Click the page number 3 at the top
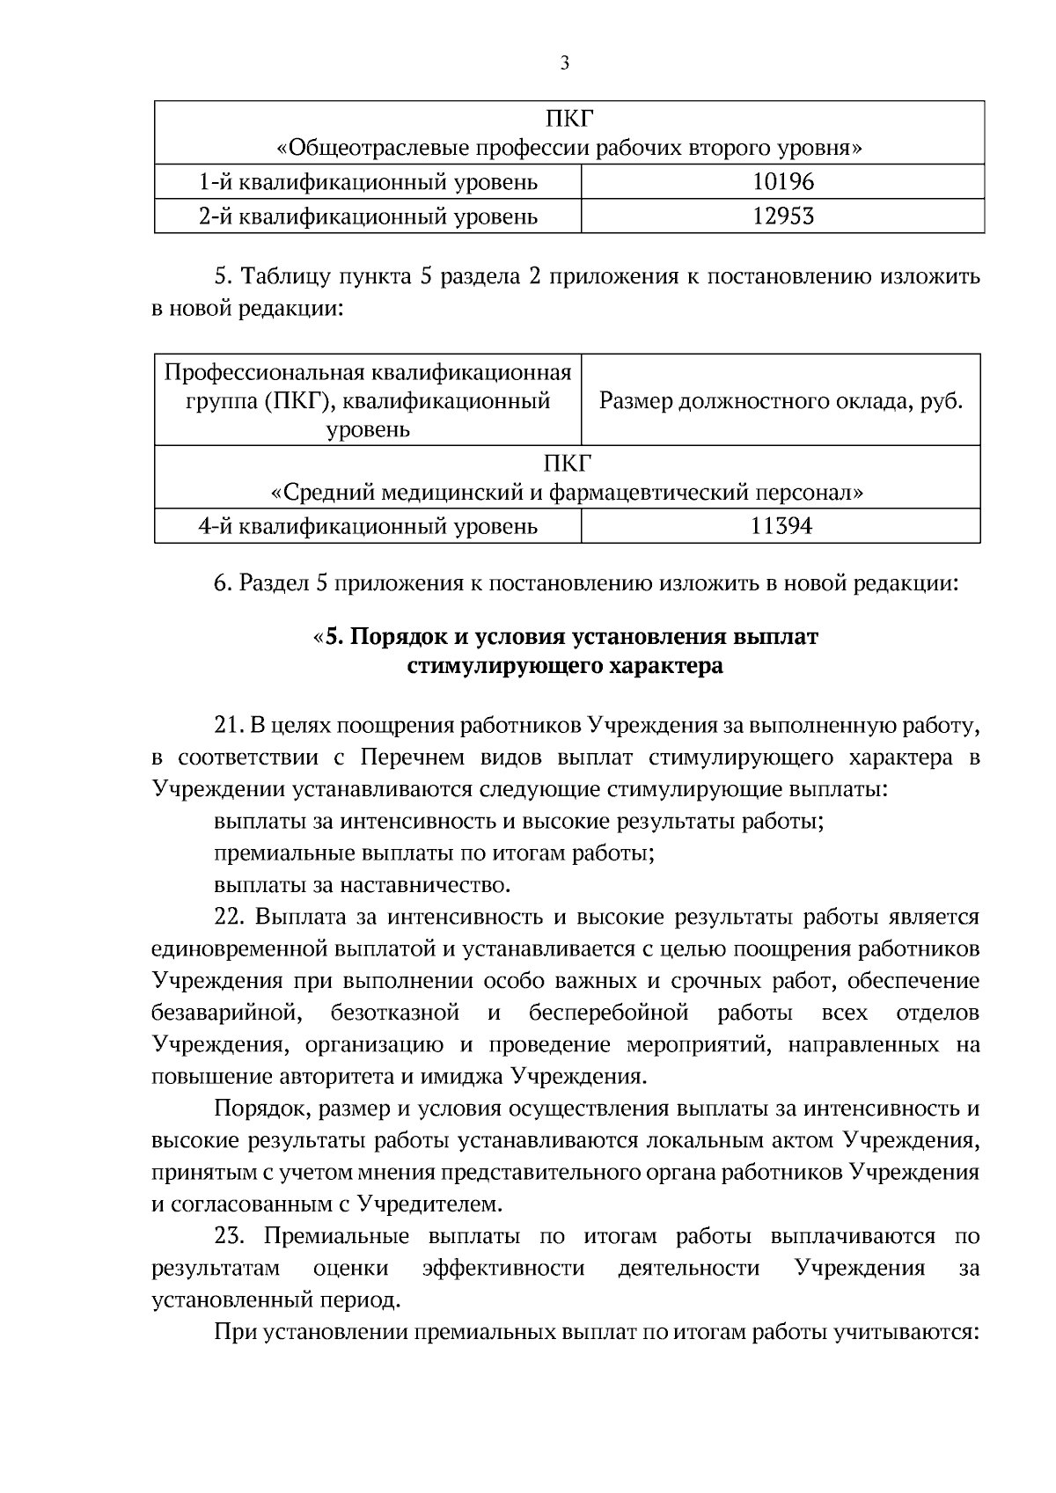point(564,62)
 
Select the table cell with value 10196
point(783,182)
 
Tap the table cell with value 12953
point(783,216)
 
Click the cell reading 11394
point(781,527)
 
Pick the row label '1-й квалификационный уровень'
point(368,182)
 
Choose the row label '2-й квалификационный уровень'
point(368,216)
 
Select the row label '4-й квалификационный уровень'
point(368,527)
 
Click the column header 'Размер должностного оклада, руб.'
point(781,402)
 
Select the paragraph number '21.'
point(230,726)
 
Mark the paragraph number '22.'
point(231,918)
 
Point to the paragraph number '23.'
point(230,1237)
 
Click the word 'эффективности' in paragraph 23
point(503,1269)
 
